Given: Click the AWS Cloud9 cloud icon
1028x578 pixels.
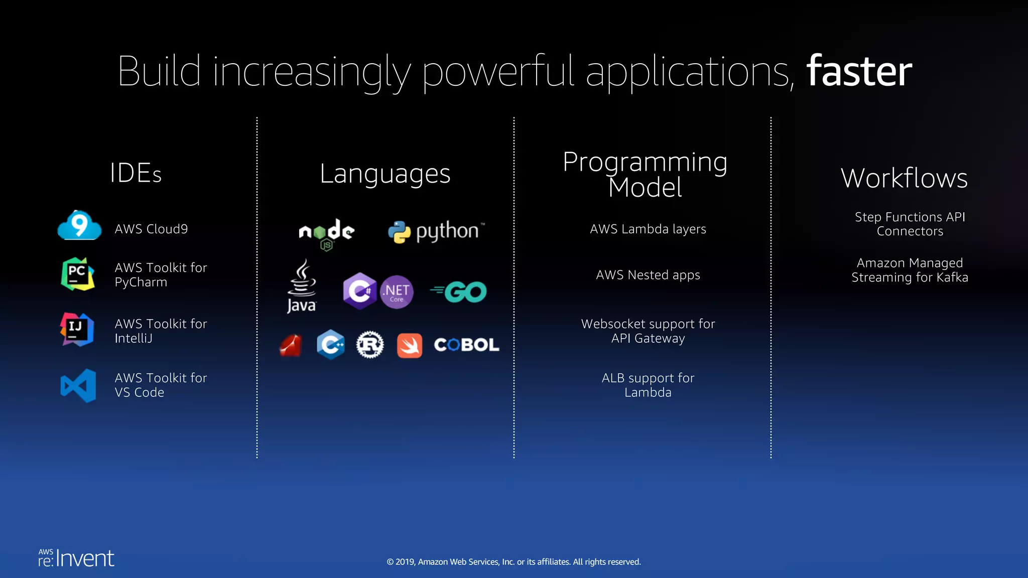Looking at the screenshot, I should coord(79,225).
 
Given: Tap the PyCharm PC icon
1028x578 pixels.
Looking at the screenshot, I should coord(77,274).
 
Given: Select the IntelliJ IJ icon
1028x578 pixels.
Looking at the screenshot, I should coord(77,330).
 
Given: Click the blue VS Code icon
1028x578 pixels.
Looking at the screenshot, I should coord(78,385).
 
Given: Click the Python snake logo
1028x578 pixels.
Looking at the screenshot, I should coord(399,232).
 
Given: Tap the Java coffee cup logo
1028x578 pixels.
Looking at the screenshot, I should coord(302,286).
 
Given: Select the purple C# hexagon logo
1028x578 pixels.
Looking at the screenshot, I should coord(359,291).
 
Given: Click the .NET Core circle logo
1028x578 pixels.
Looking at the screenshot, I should coord(397,292).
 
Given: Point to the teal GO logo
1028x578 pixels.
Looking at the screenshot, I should coord(459,292).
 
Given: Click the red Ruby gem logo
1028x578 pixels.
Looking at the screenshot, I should coord(291,345).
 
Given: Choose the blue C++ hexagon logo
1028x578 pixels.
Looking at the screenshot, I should coord(330,345).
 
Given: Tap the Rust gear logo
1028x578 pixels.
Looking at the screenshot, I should coord(370,345).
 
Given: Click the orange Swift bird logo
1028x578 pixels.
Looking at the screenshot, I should coord(410,345).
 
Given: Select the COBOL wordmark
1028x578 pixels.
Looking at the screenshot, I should coord(466,345).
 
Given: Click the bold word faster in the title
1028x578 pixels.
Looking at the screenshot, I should coord(859,71).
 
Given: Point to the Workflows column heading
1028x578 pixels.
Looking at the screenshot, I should coord(904,178).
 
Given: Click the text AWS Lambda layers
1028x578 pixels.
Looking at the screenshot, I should coord(648,229).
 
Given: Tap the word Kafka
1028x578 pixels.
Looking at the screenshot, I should coord(952,277).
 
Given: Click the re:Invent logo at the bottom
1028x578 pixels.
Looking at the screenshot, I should coord(76,558).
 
